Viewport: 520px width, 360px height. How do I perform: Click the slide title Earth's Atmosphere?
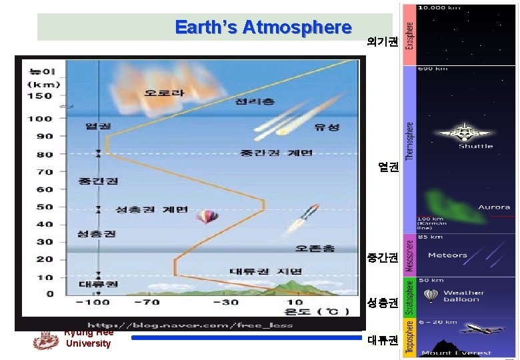[263, 27]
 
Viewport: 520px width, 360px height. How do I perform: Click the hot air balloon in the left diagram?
[207, 217]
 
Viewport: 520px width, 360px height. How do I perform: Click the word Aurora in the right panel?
[493, 207]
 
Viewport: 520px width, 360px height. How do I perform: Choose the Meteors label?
[447, 255]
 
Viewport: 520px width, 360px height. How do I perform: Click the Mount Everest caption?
[464, 353]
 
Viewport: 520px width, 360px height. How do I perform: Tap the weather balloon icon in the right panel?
[431, 295]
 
